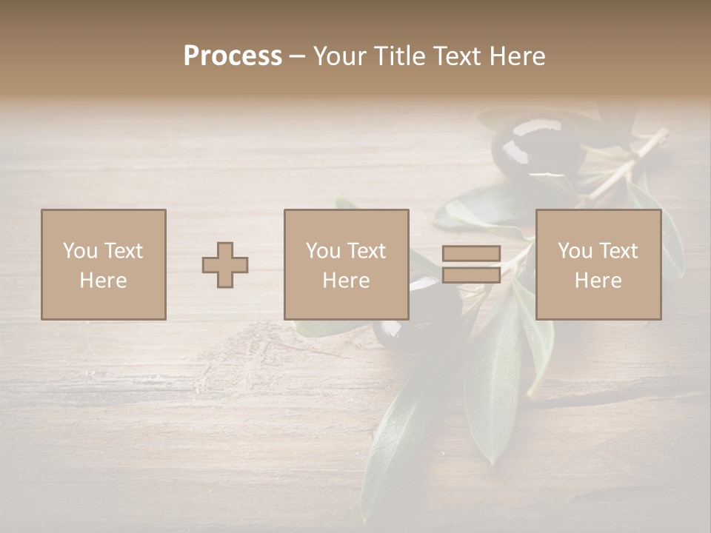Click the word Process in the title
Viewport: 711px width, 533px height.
[233, 56]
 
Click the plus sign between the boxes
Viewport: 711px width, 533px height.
[225, 265]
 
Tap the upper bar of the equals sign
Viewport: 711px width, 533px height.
[471, 253]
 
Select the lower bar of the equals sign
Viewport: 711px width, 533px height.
[471, 275]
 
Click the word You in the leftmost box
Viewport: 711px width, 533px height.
[80, 251]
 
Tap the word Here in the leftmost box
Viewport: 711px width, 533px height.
[103, 281]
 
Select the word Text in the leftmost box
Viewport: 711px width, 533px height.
[123, 251]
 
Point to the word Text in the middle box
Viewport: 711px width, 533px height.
[366, 251]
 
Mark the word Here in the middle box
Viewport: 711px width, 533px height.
[346, 281]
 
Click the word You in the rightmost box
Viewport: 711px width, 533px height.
[575, 251]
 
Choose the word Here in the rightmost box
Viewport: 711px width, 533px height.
[598, 281]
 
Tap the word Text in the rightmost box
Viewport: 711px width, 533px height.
[618, 251]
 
